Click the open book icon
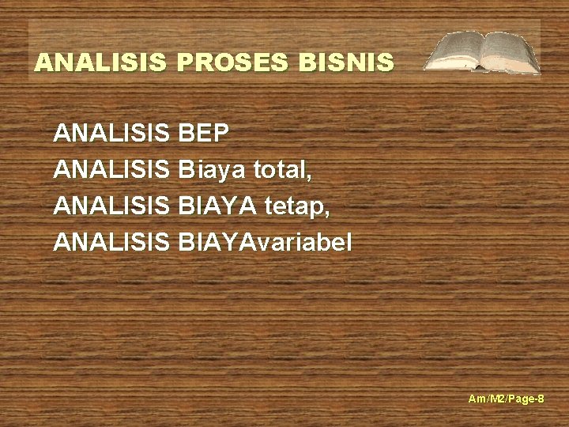[x=482, y=52]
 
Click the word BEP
[x=204, y=133]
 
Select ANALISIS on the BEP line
[x=111, y=133]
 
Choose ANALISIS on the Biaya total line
[x=111, y=169]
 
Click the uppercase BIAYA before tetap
[x=217, y=206]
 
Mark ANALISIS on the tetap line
[x=111, y=206]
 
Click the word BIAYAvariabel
[x=265, y=242]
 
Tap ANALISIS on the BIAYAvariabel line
[x=111, y=242]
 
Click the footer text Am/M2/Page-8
[x=506, y=399]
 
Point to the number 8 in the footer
[x=541, y=399]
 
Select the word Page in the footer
[x=521, y=399]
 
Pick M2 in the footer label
[x=496, y=399]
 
